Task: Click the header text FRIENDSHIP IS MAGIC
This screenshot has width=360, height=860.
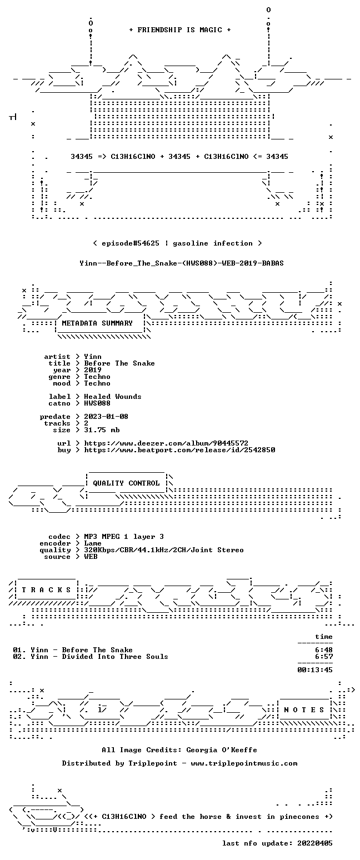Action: [x=180, y=30]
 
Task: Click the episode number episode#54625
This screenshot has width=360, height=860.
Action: [x=131, y=243]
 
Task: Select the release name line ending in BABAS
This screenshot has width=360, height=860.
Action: [x=182, y=263]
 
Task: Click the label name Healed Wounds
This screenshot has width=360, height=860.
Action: [x=112, y=397]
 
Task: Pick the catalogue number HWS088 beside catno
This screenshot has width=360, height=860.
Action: [x=97, y=403]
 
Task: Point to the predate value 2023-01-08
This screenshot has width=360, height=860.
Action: [x=106, y=417]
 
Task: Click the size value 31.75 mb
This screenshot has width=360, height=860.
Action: [x=102, y=430]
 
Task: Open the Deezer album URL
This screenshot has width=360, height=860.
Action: [x=166, y=443]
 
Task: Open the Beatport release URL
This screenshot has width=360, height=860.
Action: [x=179, y=450]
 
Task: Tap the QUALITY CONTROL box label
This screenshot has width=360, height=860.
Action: [x=126, y=483]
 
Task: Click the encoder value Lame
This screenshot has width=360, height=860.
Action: [x=93, y=544]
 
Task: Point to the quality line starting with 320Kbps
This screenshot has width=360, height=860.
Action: [x=164, y=550]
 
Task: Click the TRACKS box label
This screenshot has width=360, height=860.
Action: [x=47, y=589]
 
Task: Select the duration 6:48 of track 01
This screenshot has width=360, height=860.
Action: [x=324, y=650]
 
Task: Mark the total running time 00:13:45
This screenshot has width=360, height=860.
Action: [x=315, y=670]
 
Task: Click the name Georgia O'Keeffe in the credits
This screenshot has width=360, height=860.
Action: [x=222, y=750]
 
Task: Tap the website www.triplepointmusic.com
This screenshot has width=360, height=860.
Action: [x=244, y=763]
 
